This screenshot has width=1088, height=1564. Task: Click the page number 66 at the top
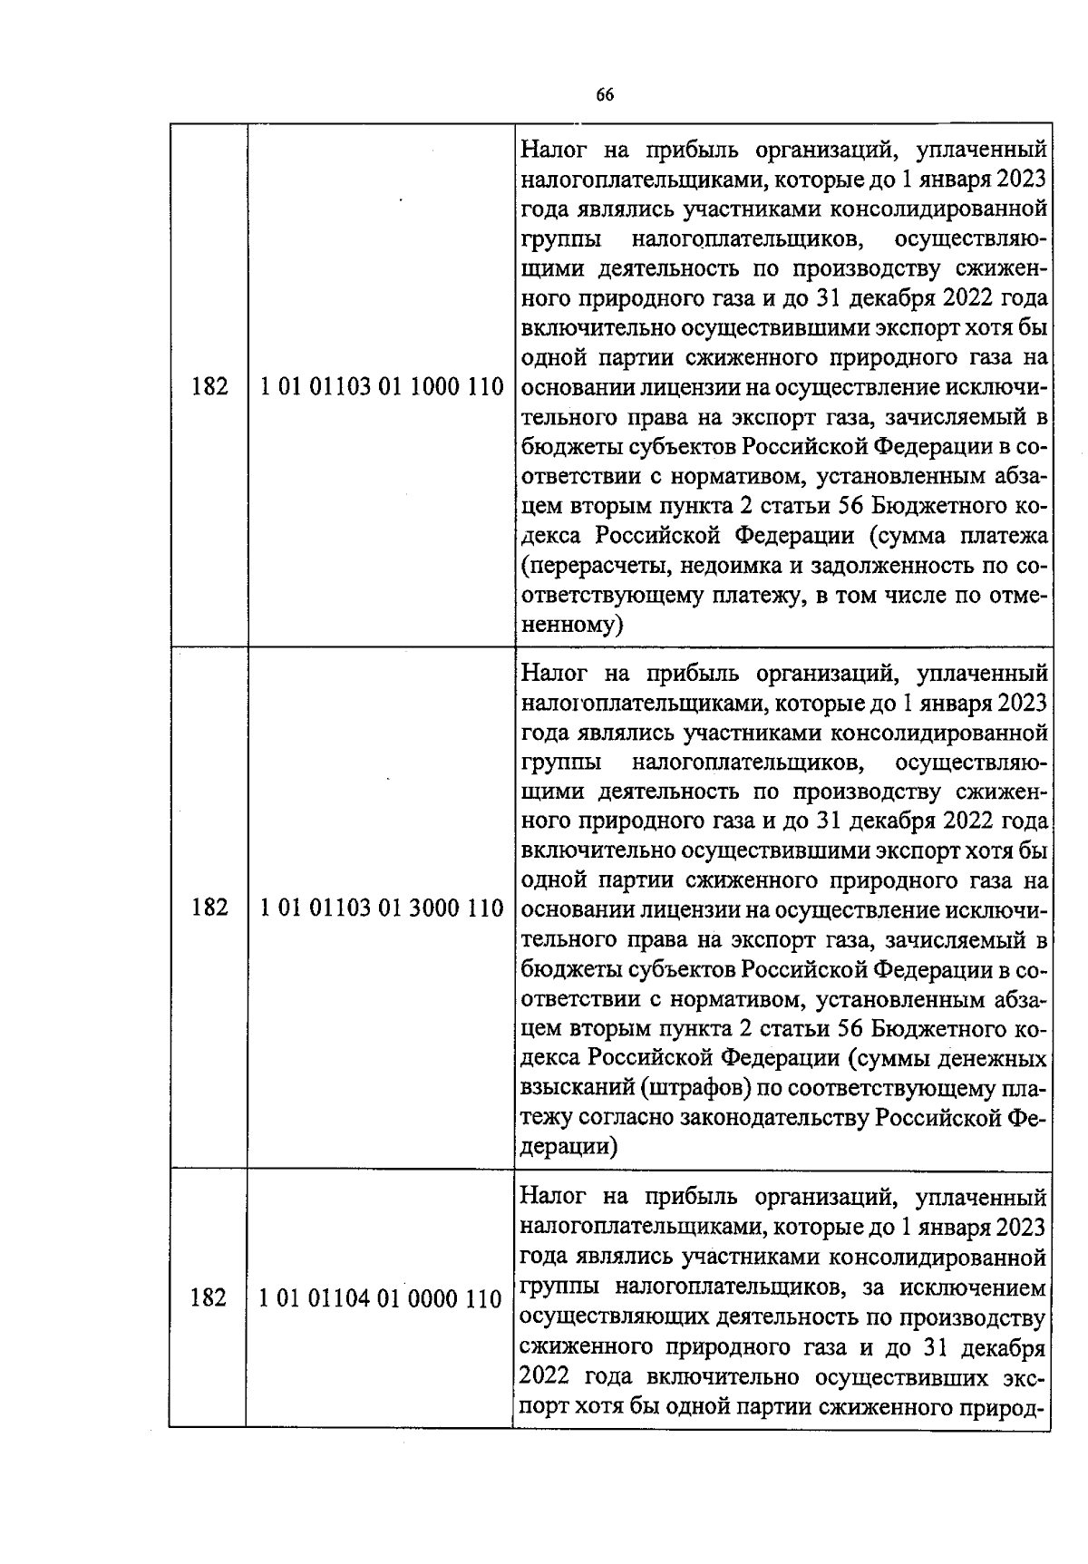605,95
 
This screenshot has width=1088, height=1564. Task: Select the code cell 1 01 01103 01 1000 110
381,387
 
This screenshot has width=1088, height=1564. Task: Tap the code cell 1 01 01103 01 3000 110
381,908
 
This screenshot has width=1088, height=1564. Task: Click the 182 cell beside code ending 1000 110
209,387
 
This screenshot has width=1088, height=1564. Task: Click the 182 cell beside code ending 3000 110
209,908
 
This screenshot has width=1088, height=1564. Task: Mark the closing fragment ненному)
573,625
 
